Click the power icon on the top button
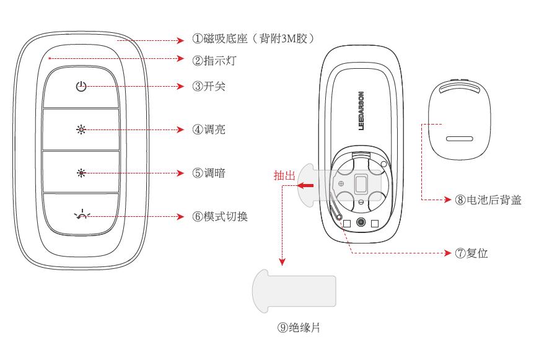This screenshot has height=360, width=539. [x=81, y=87]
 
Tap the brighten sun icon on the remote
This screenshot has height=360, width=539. [x=81, y=130]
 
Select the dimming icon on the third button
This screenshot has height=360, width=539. [x=81, y=173]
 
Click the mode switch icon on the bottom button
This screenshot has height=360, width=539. [x=81, y=216]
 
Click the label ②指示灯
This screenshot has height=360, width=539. [x=214, y=60]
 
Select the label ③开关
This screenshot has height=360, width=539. [x=209, y=86]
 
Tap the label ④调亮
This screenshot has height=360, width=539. [x=209, y=130]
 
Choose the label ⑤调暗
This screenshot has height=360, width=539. [x=209, y=173]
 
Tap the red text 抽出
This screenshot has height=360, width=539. [x=284, y=176]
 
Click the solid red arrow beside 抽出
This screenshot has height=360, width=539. [x=305, y=185]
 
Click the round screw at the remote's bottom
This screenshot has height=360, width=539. [x=361, y=221]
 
